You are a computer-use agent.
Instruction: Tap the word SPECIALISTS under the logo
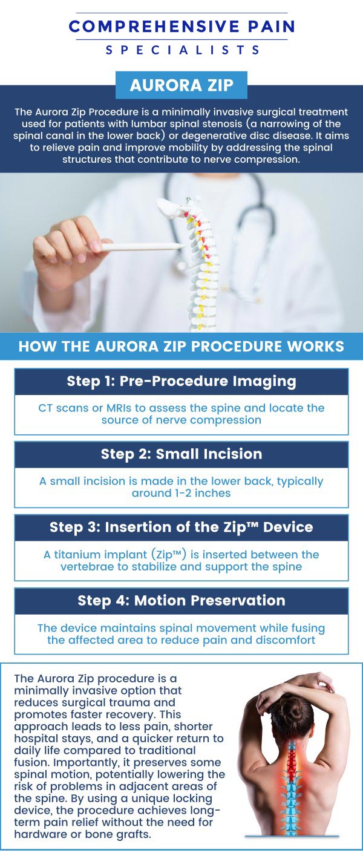click(x=182, y=50)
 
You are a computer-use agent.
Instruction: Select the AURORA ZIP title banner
click(x=181, y=85)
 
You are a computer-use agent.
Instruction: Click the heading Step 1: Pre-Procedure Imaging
click(x=181, y=381)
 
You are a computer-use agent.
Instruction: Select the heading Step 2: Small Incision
click(x=181, y=454)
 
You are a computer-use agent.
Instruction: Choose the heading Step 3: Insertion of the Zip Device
click(x=181, y=527)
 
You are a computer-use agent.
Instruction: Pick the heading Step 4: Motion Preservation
click(x=181, y=601)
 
